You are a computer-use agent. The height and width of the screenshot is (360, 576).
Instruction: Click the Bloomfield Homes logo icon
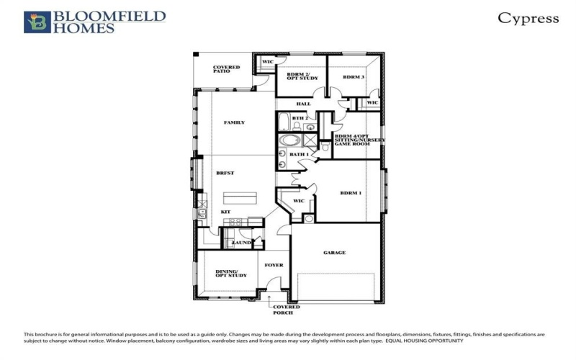[37, 22]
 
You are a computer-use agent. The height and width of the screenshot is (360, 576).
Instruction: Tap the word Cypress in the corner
[528, 19]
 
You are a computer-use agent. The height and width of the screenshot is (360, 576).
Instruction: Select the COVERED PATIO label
[225, 71]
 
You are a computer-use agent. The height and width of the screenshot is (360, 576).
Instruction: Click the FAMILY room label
[234, 122]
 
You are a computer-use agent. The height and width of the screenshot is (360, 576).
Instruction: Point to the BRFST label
[225, 174]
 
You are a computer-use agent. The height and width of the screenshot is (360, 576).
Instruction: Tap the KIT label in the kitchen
[225, 212]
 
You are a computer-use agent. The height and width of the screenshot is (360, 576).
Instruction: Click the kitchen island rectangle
[240, 198]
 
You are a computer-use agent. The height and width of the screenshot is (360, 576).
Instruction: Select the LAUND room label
[241, 243]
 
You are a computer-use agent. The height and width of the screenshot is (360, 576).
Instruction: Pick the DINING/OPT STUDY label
[231, 273]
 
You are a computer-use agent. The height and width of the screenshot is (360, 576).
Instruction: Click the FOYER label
[274, 265]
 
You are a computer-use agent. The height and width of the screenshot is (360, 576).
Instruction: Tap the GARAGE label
[334, 253]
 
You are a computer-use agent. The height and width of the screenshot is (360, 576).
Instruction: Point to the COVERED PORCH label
[286, 310]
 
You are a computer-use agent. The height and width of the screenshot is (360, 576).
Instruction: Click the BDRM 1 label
[351, 193]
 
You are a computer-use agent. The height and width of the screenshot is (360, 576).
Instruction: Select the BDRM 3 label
[353, 77]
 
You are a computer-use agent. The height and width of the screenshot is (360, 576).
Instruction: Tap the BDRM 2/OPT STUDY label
[301, 76]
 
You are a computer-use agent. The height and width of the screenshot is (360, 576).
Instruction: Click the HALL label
[303, 104]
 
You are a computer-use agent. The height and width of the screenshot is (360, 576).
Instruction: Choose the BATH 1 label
[299, 154]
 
